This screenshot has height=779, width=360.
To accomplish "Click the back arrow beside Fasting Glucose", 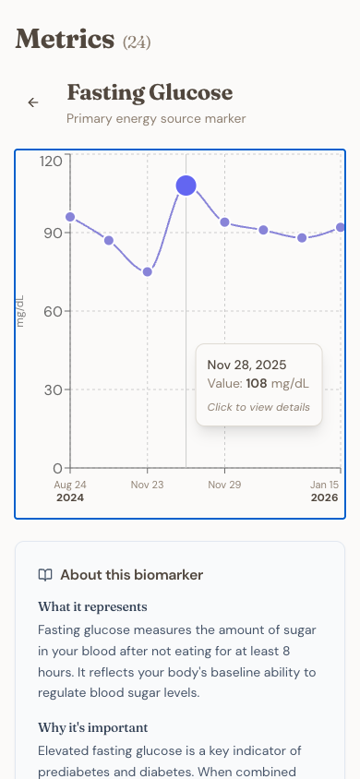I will [33, 102].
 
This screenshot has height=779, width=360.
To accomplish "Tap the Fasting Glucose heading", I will [150, 93].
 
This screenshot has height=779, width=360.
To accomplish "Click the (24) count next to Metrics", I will [137, 42].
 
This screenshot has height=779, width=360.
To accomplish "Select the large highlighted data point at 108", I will [186, 186].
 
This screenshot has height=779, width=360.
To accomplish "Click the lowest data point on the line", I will [147, 272].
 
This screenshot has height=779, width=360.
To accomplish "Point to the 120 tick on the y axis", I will [52, 161].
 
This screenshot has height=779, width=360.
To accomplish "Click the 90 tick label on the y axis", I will [52, 233].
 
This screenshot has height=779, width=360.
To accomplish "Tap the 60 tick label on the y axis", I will [52, 311].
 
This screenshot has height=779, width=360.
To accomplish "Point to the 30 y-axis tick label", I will [52, 389].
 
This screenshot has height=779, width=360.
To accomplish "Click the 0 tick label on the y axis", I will [57, 468].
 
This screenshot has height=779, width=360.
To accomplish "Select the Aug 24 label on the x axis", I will [70, 485].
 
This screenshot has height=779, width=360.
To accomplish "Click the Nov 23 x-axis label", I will [147, 485].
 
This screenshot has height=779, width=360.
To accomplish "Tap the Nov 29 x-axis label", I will [224, 485].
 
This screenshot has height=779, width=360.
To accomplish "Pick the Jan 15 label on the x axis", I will [324, 485].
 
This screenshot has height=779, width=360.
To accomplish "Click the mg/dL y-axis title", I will [20, 312].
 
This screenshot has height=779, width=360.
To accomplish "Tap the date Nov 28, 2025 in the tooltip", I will [246, 365].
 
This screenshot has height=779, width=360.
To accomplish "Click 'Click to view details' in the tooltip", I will [258, 407].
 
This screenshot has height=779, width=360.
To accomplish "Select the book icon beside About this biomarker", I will [45, 575].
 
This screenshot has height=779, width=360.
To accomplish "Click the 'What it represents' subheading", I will [92, 606].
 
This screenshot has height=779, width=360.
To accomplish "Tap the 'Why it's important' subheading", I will [93, 727].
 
